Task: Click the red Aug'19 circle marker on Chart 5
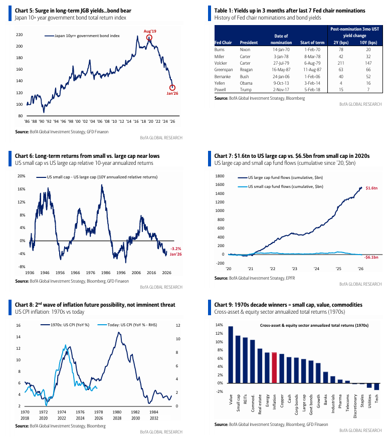[149, 38]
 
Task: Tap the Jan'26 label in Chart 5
[173, 93]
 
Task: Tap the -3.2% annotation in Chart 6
[176, 249]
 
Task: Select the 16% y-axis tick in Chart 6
[22, 189]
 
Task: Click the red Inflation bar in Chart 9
[274, 368]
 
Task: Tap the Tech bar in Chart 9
[376, 386]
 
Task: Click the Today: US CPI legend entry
[127, 325]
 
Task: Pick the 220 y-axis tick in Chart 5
[20, 35]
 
